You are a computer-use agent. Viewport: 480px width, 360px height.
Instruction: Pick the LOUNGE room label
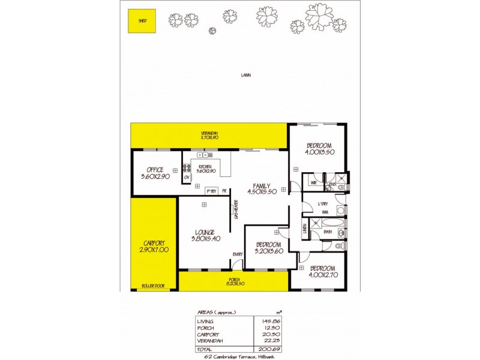coord(204,232)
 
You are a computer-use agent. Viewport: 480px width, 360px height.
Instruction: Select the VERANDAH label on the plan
coord(209,133)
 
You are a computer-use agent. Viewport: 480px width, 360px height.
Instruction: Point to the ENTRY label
coord(238,254)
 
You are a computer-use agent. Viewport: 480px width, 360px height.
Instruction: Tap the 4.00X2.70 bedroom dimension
coord(317,275)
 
